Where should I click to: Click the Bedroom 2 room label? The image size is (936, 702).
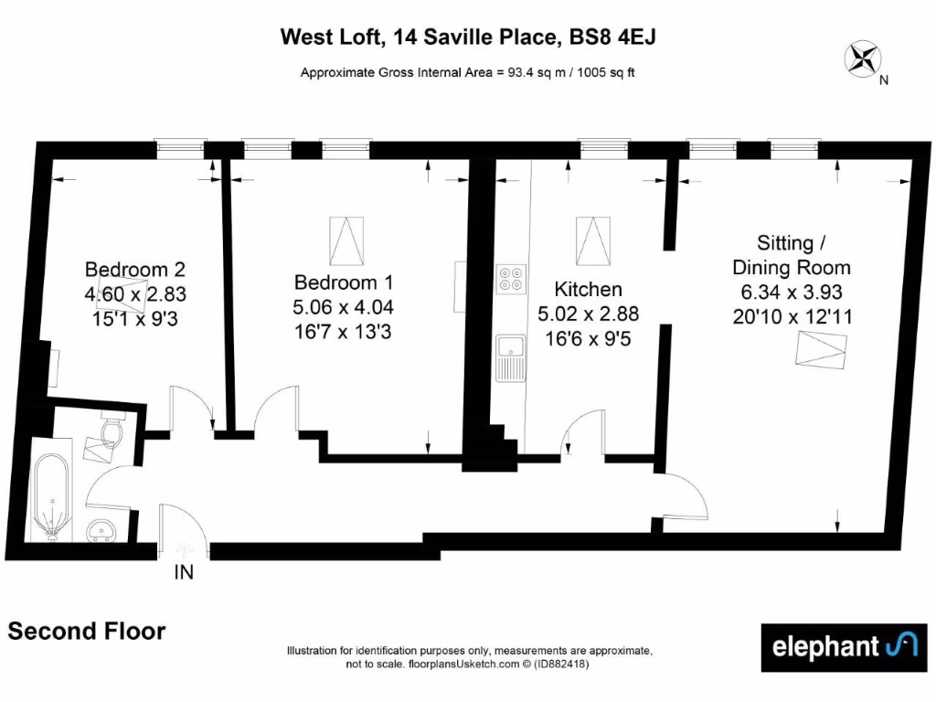point(135,270)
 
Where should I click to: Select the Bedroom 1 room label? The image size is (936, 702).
point(344,282)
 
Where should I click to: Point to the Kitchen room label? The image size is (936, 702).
point(589,290)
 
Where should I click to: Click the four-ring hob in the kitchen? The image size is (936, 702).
point(510,278)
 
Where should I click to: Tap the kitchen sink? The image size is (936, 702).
point(509,357)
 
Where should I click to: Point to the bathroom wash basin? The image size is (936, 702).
point(103,528)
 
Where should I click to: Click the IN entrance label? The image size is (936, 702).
point(184,573)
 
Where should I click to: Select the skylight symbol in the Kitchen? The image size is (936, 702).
point(591,239)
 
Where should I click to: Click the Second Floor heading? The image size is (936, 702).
point(87,631)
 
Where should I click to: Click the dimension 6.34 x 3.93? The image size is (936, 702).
point(792,292)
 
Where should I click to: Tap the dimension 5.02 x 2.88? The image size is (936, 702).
point(589,314)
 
